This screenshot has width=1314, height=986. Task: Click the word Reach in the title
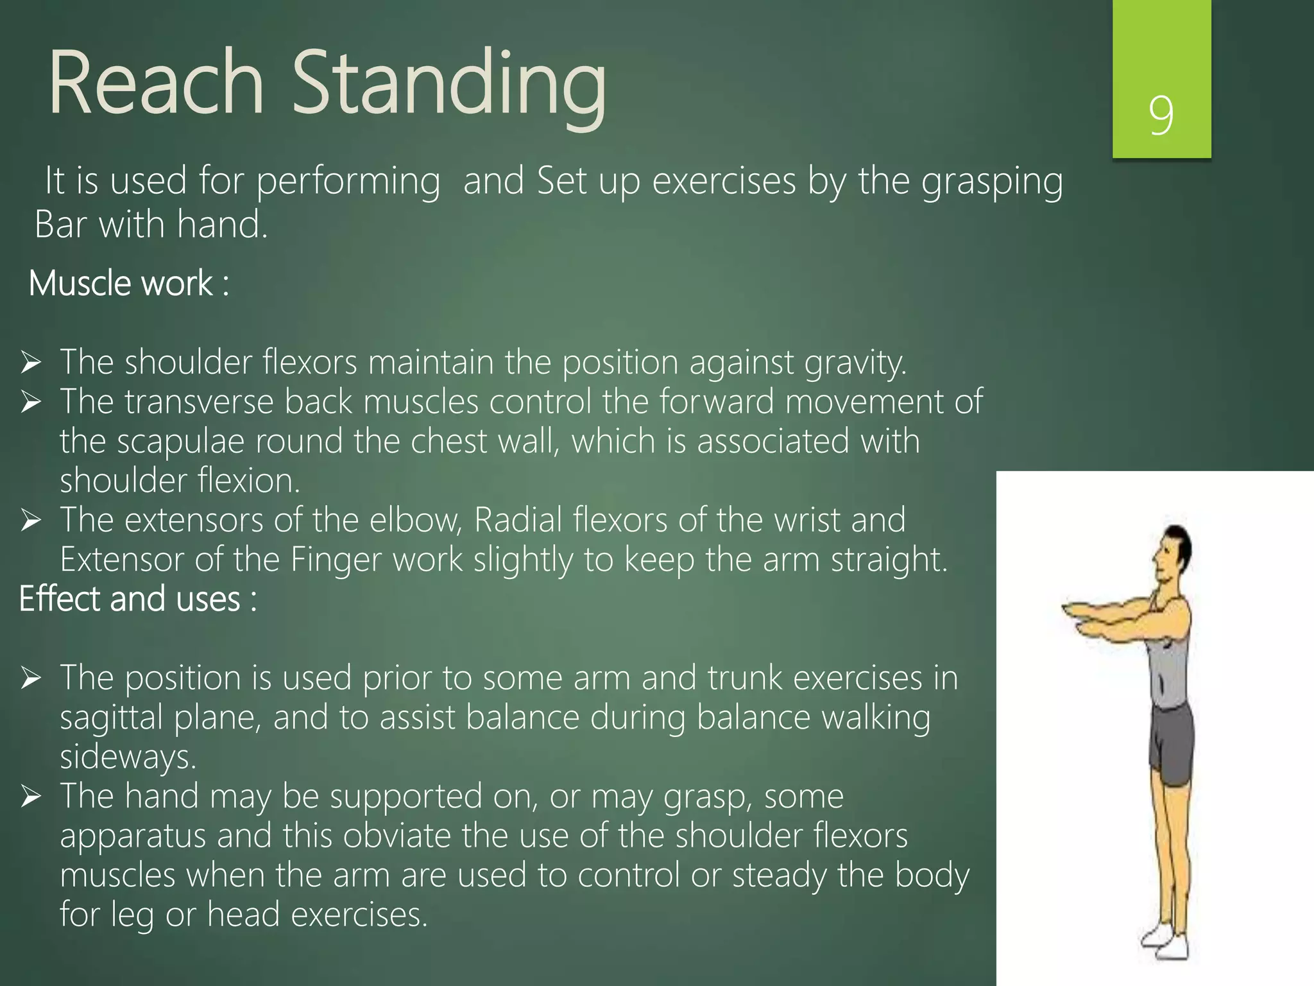point(156,83)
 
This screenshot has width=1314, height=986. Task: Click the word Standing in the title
point(449,87)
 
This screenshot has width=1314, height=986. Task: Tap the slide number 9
point(1161,116)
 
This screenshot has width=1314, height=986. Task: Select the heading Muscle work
point(128,283)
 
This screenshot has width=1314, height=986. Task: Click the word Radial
point(517,520)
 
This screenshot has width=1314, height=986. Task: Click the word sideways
point(127,757)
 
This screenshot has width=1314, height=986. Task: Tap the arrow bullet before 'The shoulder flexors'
point(31,363)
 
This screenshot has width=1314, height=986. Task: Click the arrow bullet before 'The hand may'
point(31,797)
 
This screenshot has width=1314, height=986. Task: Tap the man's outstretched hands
point(1084,612)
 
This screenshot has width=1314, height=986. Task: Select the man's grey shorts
point(1172,745)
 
